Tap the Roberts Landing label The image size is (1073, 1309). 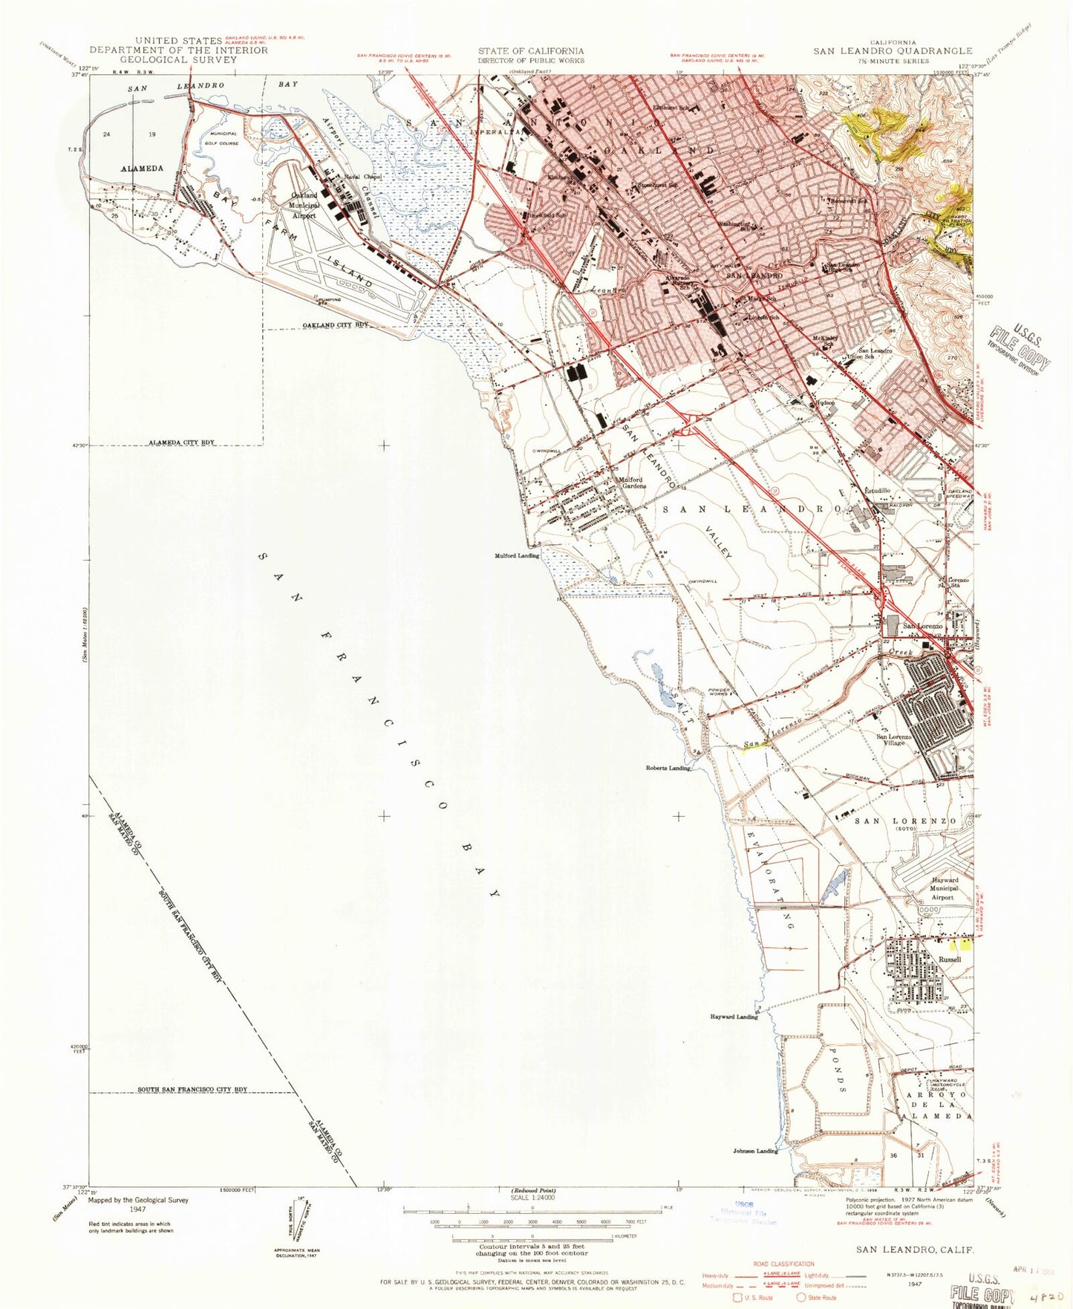(x=669, y=768)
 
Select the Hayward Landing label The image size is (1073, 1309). (x=734, y=1016)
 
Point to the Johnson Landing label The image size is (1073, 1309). (x=755, y=1151)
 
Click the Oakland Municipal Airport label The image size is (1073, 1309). (x=302, y=206)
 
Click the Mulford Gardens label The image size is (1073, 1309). (x=631, y=483)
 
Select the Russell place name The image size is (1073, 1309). (x=950, y=959)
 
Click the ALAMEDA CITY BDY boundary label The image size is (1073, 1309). (x=182, y=443)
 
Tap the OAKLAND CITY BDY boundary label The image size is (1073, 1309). (x=335, y=325)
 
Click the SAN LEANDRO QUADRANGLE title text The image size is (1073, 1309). (x=892, y=51)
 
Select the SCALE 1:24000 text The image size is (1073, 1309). (x=532, y=1198)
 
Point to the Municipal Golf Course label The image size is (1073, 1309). (x=223, y=138)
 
